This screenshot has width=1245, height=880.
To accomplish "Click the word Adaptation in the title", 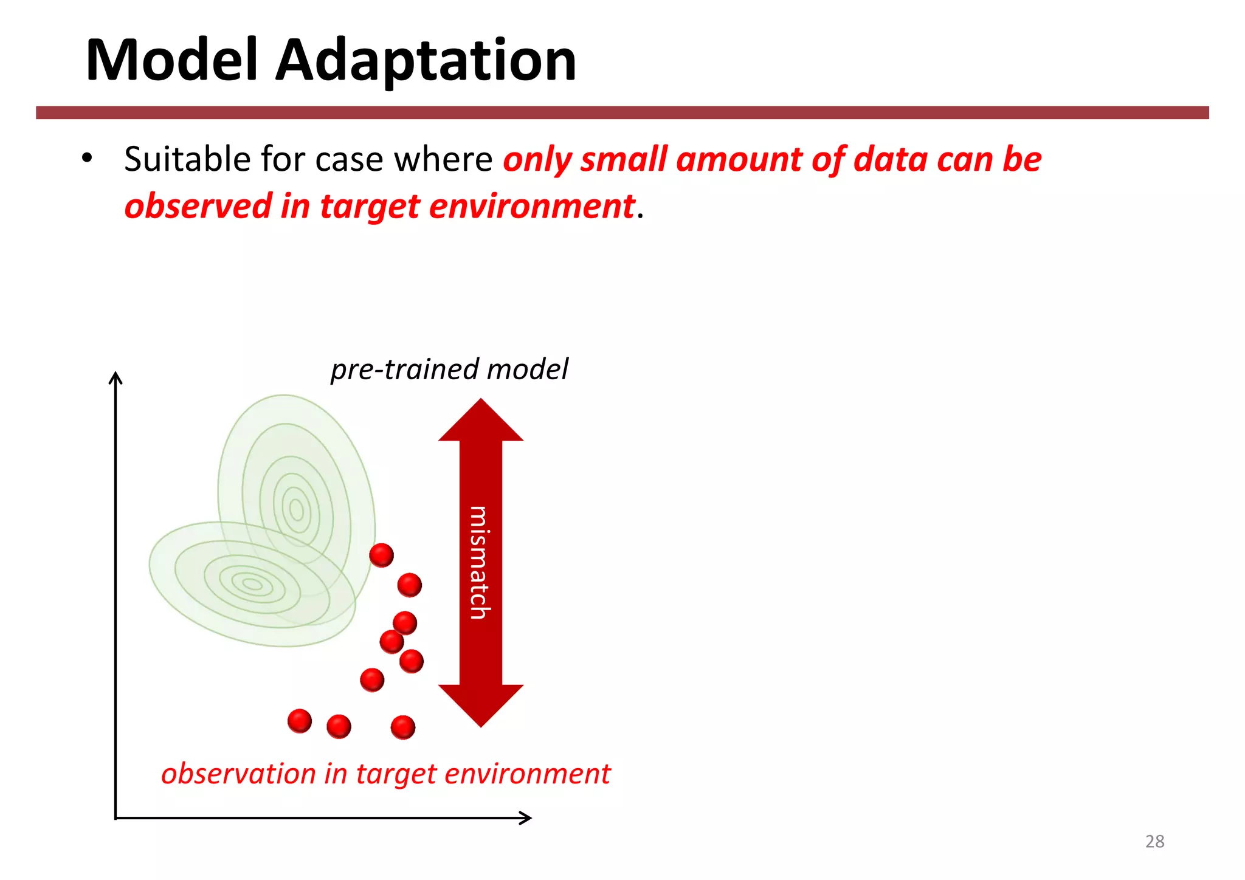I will point(426,61).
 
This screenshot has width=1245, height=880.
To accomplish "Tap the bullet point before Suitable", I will point(87,158).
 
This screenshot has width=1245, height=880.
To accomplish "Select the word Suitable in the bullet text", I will point(187,159).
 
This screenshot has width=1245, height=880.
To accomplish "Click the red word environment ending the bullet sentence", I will point(532,206).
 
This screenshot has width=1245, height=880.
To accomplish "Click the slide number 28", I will point(1154,841).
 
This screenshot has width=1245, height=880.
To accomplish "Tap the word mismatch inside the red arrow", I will point(480,562).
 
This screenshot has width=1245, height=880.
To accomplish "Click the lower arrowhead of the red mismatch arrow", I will point(480,705).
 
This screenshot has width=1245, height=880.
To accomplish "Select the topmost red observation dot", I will point(381,555).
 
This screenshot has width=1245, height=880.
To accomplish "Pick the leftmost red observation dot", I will point(299,721).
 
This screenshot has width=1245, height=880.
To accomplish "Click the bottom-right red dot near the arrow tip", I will point(402,727).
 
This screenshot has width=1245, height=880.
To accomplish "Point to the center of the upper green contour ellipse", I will point(296,509).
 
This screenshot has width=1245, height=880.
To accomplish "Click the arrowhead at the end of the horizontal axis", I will point(526,818).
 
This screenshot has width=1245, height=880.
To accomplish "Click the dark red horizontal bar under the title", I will point(622,112).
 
